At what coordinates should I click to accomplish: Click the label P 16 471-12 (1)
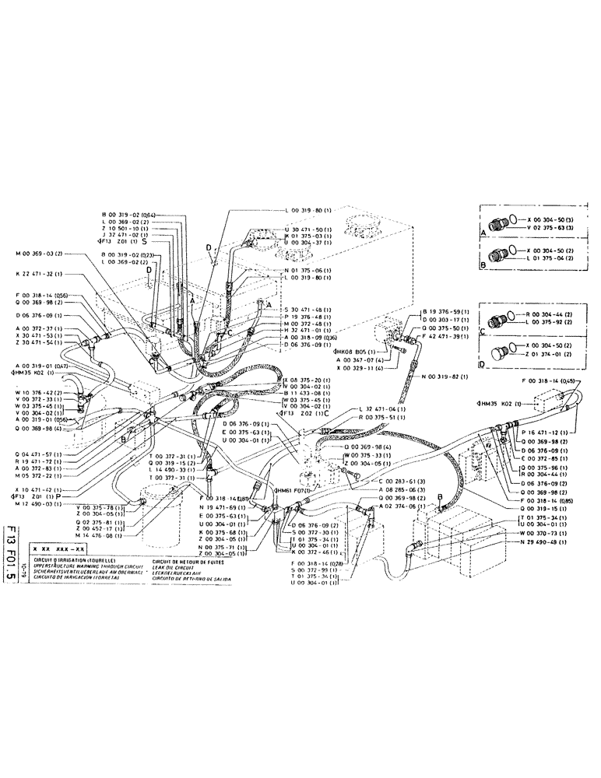coord(549,432)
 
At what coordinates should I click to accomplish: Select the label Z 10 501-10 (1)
coord(129,230)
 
